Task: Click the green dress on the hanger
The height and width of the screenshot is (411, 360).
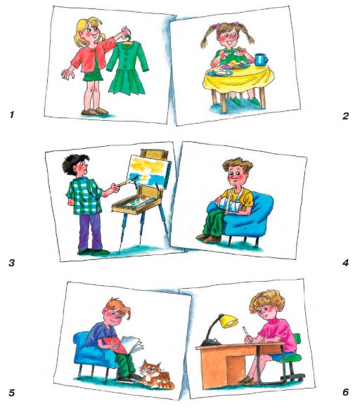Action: pyautogui.click(x=127, y=68)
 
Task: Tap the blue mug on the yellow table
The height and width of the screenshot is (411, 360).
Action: pyautogui.click(x=262, y=60)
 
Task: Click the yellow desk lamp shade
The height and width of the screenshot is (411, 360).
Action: pyautogui.click(x=229, y=321)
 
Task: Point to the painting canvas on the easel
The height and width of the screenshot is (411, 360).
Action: pyautogui.click(x=149, y=171)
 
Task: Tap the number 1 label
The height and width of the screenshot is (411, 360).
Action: pyautogui.click(x=11, y=115)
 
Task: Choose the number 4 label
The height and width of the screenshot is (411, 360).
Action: pyautogui.click(x=345, y=263)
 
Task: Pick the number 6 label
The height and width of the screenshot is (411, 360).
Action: pyautogui.click(x=346, y=392)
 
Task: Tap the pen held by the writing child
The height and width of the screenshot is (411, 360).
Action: pyautogui.click(x=246, y=332)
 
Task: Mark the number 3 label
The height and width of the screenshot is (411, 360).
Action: pyautogui.click(x=11, y=263)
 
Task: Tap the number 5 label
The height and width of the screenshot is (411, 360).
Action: pyautogui.click(x=11, y=393)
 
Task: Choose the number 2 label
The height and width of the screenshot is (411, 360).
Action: pyautogui.click(x=345, y=116)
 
